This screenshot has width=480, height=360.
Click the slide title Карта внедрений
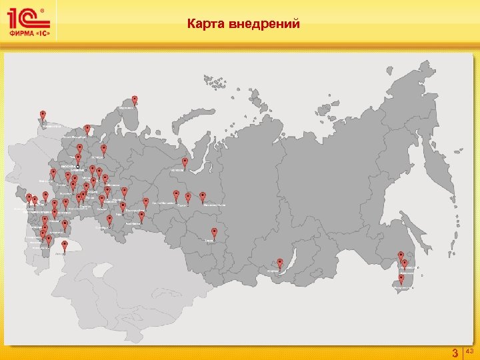click(243, 25)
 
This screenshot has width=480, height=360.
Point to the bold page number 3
click(455, 352)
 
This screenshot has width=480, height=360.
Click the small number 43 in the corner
click(469, 351)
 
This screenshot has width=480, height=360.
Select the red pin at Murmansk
click(135, 100)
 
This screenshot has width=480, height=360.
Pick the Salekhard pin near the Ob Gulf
click(185, 162)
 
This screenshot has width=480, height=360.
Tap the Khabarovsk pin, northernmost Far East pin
click(401, 255)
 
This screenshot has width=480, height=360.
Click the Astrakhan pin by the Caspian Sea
click(65, 245)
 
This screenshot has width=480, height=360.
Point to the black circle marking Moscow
click(78, 167)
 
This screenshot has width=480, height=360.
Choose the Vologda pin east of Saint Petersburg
click(104, 148)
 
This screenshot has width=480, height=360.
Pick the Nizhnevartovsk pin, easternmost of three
click(203, 197)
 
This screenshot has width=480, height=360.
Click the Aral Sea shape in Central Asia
click(100, 271)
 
